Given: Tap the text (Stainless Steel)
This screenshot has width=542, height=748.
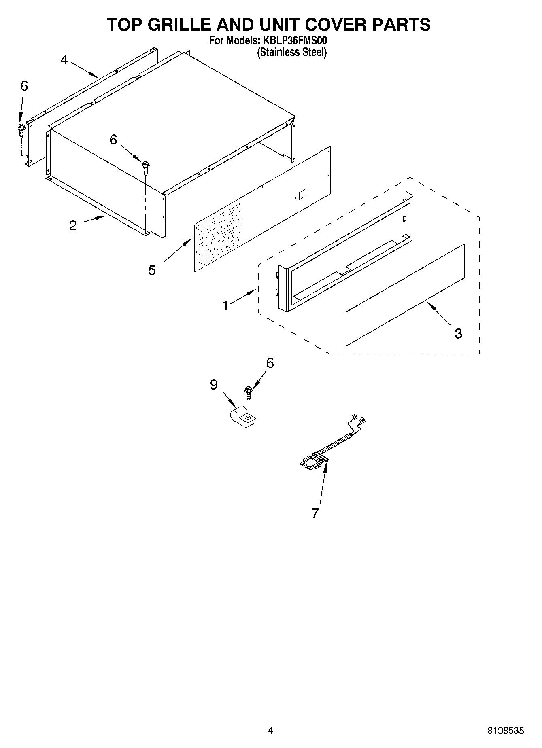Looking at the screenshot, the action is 292,52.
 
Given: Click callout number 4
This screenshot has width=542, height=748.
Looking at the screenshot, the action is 64,60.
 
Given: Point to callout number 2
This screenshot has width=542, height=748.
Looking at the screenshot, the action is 73,225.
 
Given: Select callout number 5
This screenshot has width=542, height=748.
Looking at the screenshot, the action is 152,270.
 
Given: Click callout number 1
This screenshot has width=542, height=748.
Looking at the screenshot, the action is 225,305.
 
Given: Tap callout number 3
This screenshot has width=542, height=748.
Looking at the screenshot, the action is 458,333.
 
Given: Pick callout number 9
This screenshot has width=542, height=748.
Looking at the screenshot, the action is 214,384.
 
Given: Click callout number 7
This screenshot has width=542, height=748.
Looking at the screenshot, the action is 315,513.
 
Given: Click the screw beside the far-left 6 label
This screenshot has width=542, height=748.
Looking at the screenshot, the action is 21,130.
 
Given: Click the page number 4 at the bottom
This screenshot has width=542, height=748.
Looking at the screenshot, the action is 270,731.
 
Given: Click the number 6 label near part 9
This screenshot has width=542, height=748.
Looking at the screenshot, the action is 270,363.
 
